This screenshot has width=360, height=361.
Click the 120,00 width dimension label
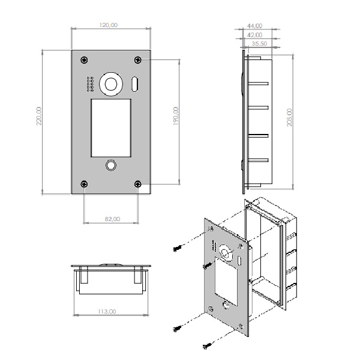coord(109,25)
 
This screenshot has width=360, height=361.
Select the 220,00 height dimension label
coord(39,116)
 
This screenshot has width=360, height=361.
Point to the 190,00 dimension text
coord(176,116)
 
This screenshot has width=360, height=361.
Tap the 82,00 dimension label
coord(112,219)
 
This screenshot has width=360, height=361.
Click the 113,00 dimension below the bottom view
coord(107,311)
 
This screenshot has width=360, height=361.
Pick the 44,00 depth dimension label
coord(254,26)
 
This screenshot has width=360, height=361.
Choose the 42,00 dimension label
coord(254,35)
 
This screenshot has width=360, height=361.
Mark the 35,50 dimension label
coord(259,43)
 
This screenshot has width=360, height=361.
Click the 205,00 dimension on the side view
coord(289,117)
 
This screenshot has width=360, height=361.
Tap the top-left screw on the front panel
coord(84,60)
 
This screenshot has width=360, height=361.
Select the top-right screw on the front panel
coord(137,60)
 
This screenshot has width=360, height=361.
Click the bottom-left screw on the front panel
coord(84,184)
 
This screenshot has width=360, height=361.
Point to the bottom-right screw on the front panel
coord(137,184)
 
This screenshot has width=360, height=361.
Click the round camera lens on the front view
coord(111,84)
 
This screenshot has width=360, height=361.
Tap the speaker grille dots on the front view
coord(90,84)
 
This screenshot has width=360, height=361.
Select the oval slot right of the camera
coord(134,84)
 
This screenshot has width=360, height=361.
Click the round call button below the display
coord(111,165)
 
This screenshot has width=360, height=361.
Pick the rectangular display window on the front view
coord(111,128)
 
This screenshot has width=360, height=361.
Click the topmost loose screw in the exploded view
coord(178,249)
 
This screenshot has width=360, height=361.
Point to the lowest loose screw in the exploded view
coord(207,345)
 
